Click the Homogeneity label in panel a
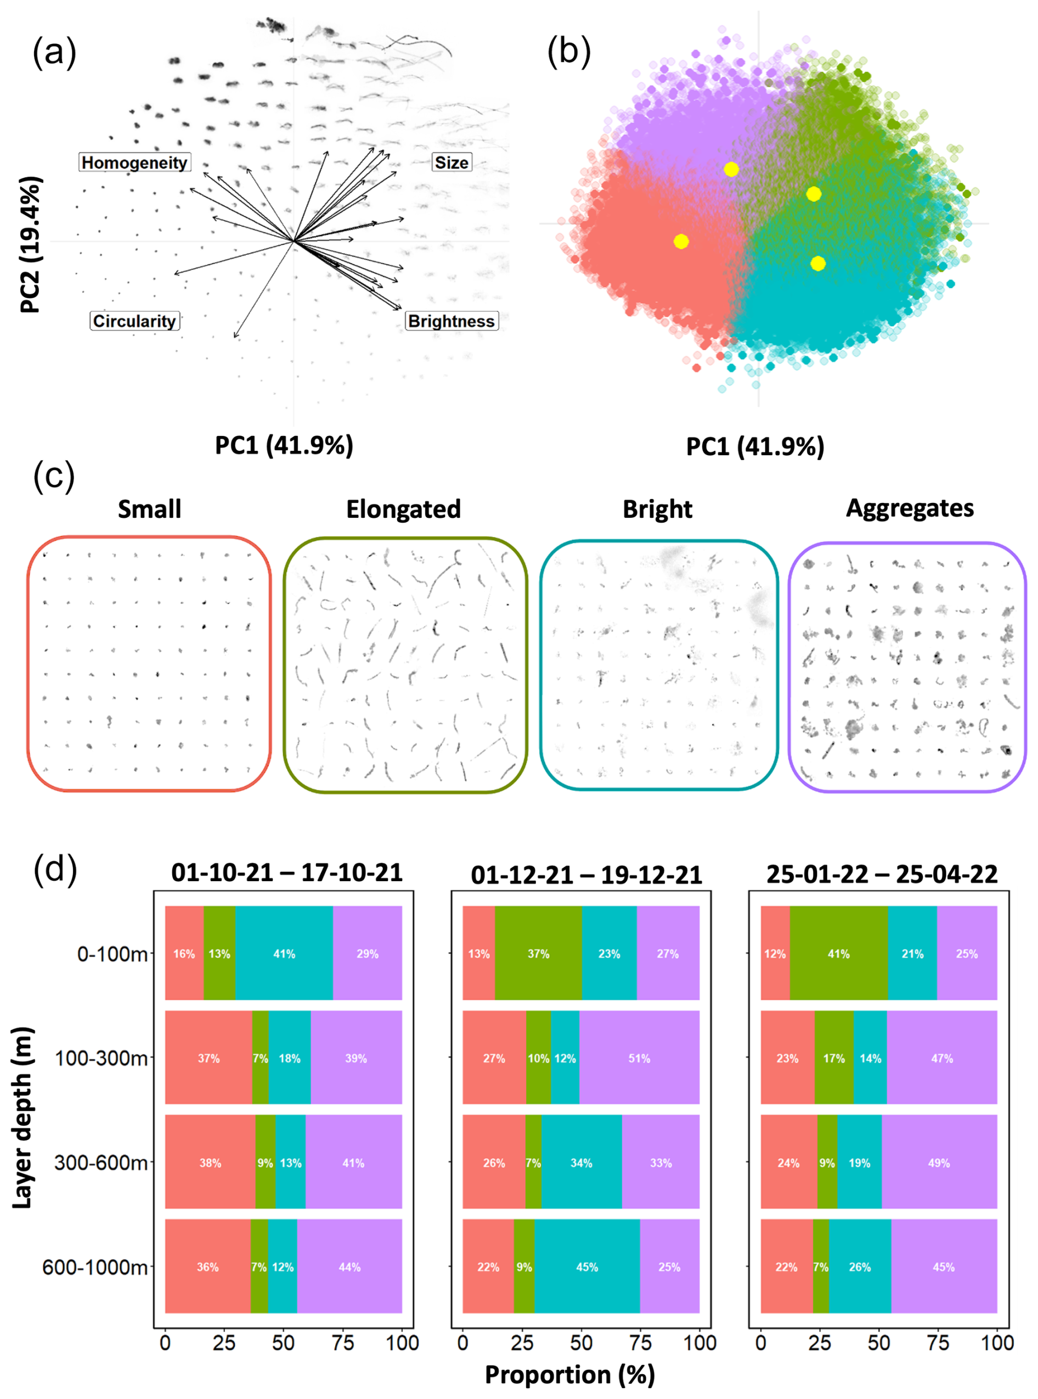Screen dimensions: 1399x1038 [134, 163]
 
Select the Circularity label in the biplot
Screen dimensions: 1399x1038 [134, 321]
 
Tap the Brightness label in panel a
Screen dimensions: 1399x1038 [451, 321]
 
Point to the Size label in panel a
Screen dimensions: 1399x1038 [451, 163]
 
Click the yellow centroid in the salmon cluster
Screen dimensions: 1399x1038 [681, 242]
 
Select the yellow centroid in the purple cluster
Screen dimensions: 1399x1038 [731, 169]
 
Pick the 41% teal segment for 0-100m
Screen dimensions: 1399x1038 [284, 954]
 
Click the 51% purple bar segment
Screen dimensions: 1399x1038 [639, 1058]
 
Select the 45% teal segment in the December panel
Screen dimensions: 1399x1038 [587, 1267]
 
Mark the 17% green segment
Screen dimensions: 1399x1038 [834, 1058]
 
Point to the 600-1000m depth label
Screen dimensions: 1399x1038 [95, 1267]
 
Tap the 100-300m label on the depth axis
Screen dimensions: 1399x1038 [101, 1058]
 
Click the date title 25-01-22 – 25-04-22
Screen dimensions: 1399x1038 [882, 874]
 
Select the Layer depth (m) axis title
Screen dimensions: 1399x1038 [22, 1117]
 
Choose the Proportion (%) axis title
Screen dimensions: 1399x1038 [570, 1374]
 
